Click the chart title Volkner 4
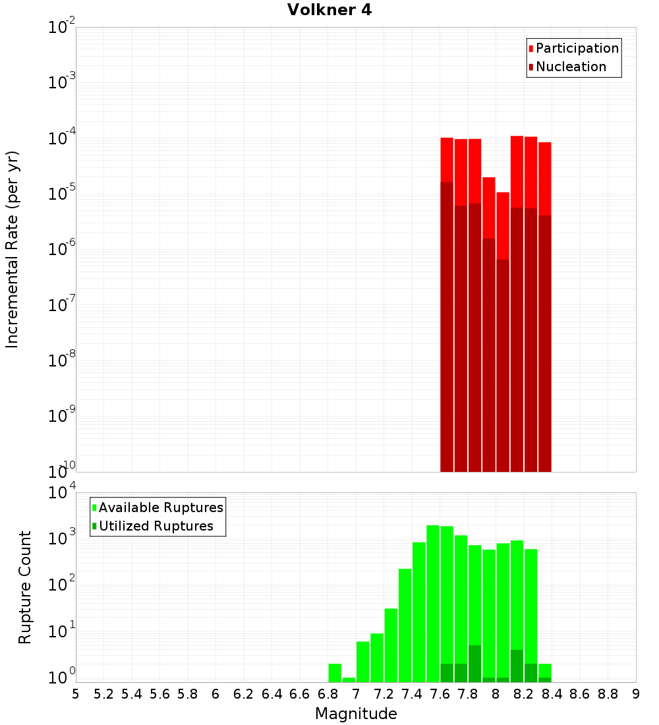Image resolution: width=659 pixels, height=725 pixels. tap(329, 11)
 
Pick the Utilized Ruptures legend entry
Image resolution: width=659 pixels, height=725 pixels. tap(156, 526)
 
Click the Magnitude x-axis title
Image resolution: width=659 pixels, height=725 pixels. tap(356, 714)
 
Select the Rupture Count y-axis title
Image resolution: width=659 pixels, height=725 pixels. tap(25, 587)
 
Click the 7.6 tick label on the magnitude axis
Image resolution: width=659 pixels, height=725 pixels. tap(440, 694)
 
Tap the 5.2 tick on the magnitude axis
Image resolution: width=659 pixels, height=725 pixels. tap(103, 694)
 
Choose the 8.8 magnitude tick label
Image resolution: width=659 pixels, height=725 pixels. tap(608, 694)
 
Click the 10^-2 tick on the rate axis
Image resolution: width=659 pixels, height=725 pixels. tap(61, 28)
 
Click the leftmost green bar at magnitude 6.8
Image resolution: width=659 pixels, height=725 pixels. tap(335, 673)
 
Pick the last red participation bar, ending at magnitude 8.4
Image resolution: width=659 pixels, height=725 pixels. tap(544, 178)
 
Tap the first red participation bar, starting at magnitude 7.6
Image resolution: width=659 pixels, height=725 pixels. tap(447, 159)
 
